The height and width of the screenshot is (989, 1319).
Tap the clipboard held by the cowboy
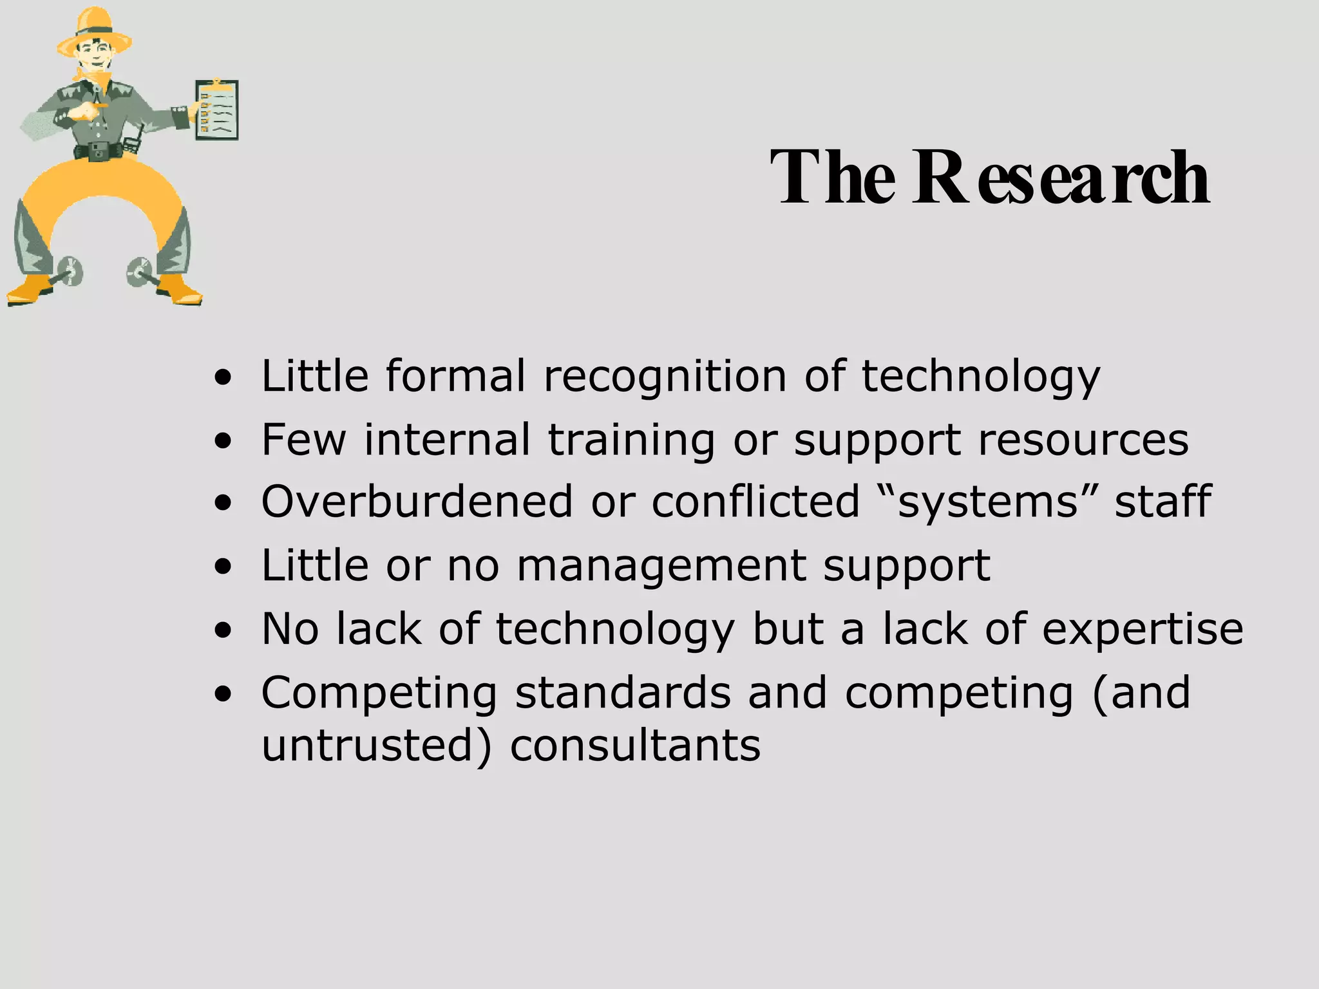pos(217,109)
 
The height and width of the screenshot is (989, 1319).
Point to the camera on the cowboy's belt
pos(99,151)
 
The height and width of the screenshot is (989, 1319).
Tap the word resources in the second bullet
pos(1083,440)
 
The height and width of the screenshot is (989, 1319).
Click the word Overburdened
pos(417,502)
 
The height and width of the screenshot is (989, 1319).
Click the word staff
pos(1163,502)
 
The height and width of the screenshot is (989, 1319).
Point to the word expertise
pos(1143,629)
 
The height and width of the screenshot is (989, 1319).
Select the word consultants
pos(635,746)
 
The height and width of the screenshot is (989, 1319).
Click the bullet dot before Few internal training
pos(223,443)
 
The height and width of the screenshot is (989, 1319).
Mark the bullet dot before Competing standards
pos(223,695)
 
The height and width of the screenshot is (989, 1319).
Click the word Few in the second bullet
pos(303,440)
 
